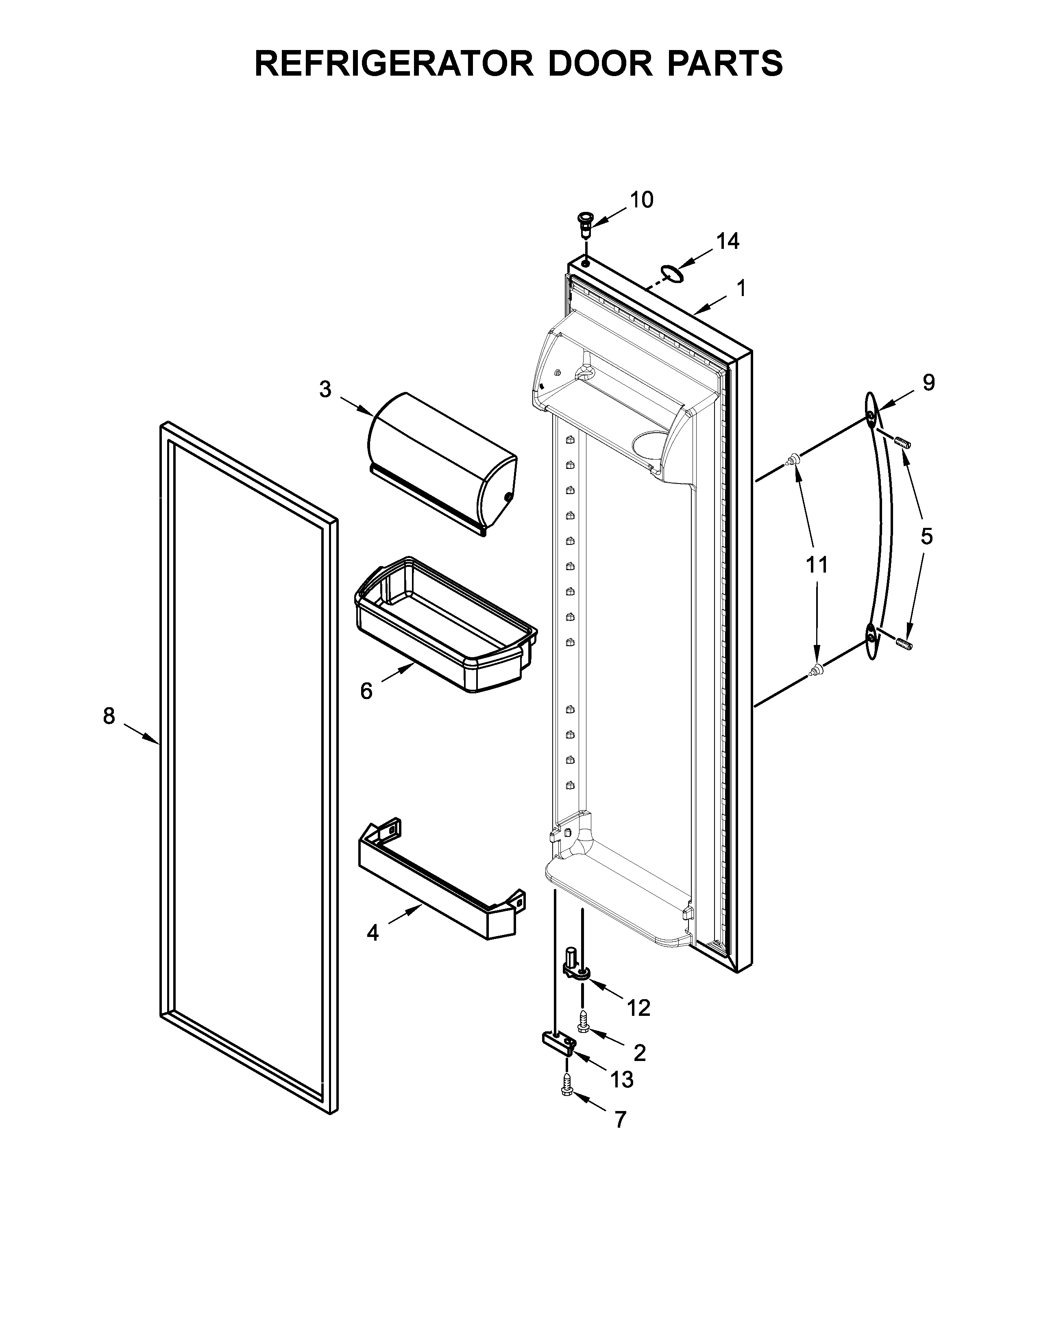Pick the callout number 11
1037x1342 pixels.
click(817, 564)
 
